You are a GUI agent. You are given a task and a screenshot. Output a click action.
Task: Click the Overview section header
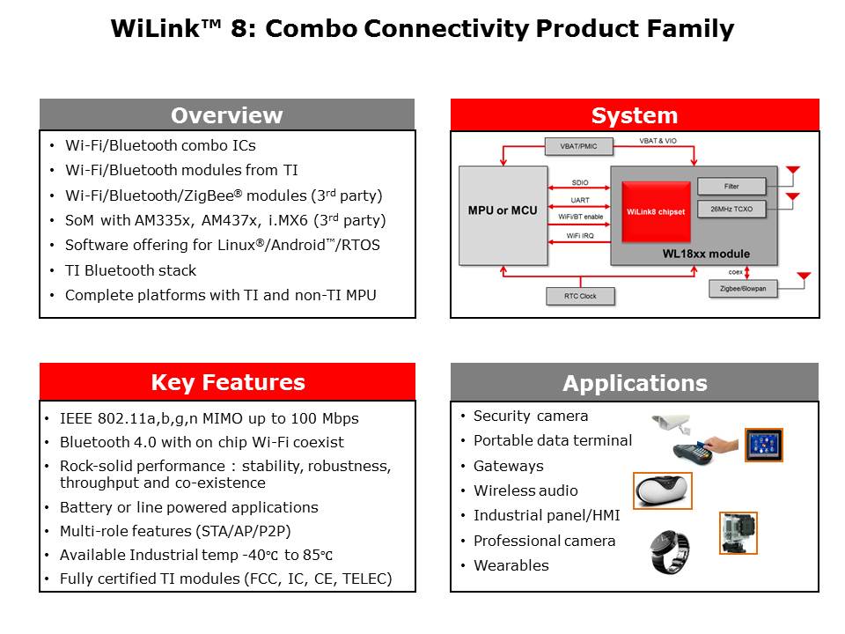click(x=226, y=115)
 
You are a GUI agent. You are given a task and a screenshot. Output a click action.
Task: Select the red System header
click(x=635, y=115)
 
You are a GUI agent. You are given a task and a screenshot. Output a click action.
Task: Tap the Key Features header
click(x=227, y=382)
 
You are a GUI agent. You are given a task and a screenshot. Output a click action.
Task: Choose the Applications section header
click(x=635, y=383)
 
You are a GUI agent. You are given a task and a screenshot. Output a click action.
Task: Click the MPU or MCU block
click(x=502, y=211)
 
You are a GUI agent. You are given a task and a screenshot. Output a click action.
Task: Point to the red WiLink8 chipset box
click(x=656, y=211)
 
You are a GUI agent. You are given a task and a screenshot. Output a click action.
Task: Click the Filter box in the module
click(x=731, y=186)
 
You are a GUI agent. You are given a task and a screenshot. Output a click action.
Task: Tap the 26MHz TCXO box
click(x=731, y=210)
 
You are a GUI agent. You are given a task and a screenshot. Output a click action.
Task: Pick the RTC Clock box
click(x=580, y=296)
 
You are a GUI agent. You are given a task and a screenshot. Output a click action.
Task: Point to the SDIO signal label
click(x=580, y=182)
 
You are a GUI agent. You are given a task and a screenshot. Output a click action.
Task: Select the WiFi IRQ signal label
click(x=580, y=235)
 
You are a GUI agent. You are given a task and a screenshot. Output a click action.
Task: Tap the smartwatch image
click(x=669, y=551)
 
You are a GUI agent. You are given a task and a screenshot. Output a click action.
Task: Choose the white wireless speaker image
click(x=663, y=490)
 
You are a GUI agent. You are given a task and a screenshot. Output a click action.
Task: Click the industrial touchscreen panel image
click(x=763, y=445)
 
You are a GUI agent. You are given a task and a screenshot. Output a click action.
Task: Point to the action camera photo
click(x=738, y=533)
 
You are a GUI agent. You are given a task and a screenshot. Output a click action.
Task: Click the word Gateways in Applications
click(x=508, y=466)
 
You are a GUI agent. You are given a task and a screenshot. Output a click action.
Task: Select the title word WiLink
click(x=150, y=29)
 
